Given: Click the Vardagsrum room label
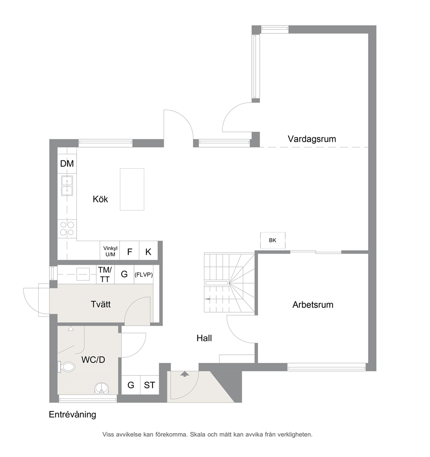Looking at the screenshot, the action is click(312, 139).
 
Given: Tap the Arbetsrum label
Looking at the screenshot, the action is click(313, 304).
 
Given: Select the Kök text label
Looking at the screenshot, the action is click(100, 199).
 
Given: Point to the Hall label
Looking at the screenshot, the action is click(204, 338).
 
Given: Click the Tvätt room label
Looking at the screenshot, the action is click(101, 304).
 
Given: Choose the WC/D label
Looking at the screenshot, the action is click(93, 359).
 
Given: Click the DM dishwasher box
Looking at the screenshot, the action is click(67, 163).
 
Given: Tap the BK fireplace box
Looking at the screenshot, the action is click(273, 240).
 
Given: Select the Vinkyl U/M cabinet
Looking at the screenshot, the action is click(110, 251).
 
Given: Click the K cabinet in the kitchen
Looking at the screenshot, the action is click(148, 251).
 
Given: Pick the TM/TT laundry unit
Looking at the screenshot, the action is click(105, 274).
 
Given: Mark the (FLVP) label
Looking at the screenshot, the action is click(143, 274).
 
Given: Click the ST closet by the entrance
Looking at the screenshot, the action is click(150, 385).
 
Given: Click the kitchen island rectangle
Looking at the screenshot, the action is click(132, 189).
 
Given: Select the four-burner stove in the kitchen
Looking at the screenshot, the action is click(67, 228).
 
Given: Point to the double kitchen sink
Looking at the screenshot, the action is click(67, 186).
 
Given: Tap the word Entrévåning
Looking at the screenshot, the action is click(72, 415).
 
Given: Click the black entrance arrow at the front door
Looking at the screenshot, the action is click(184, 374).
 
